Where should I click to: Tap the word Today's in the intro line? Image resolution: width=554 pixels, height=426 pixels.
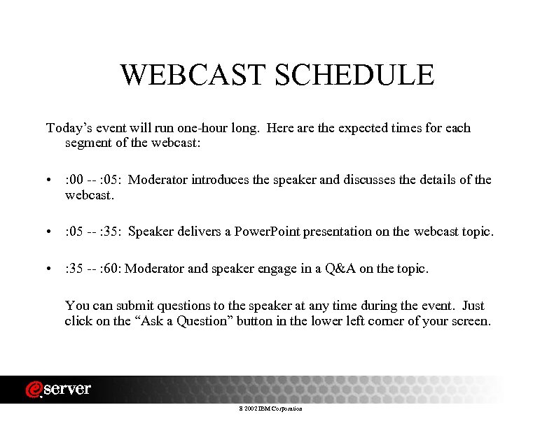coord(68,128)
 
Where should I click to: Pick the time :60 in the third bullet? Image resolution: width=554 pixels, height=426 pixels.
coord(111,269)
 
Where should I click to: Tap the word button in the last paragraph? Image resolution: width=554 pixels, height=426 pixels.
coord(255,322)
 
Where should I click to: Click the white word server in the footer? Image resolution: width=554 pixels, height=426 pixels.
coord(67,390)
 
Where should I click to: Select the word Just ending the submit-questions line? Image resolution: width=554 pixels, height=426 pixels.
coord(473,306)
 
